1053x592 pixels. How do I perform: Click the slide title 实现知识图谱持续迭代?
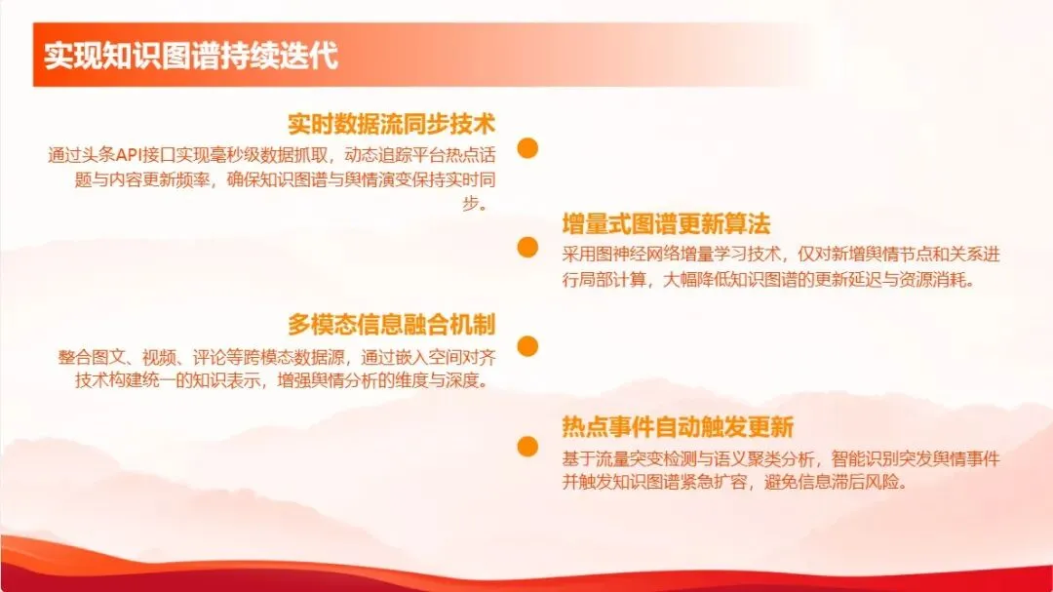(x=191, y=56)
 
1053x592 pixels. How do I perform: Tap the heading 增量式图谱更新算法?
(x=666, y=224)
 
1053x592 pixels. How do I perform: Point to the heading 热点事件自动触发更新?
(x=678, y=426)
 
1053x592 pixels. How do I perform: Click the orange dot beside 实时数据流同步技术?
(x=527, y=148)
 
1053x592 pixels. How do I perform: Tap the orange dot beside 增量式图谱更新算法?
(x=527, y=248)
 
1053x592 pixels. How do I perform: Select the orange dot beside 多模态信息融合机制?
(x=527, y=346)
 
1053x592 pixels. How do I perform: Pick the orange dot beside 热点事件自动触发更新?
(x=527, y=447)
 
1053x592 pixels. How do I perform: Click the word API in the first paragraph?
(x=131, y=155)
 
